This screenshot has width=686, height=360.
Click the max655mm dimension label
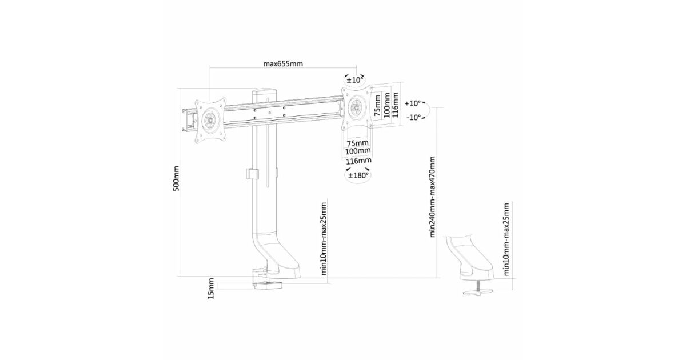[x=283, y=63]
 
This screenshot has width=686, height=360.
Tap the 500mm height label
[x=177, y=178]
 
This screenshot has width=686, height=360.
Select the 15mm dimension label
[x=211, y=289]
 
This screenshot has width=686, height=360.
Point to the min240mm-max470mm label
[x=432, y=197]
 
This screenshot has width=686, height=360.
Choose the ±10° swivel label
[x=354, y=80]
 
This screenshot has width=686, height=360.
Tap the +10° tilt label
[x=413, y=103]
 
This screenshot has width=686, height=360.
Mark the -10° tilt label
[x=413, y=117]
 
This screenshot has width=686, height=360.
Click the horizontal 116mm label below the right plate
[x=358, y=161]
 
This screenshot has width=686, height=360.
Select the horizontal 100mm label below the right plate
[x=358, y=151]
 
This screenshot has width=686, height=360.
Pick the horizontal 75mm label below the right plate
[x=357, y=143]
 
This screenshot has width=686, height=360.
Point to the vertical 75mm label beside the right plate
[x=377, y=105]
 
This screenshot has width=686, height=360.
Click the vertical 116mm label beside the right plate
[x=396, y=105]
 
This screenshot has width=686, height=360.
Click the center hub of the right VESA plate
[x=357, y=107]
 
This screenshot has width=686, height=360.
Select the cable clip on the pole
[x=252, y=174]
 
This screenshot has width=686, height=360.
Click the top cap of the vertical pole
[x=265, y=92]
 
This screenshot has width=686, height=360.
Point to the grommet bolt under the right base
[x=477, y=286]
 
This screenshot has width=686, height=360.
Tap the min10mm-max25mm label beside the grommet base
[x=506, y=239]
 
